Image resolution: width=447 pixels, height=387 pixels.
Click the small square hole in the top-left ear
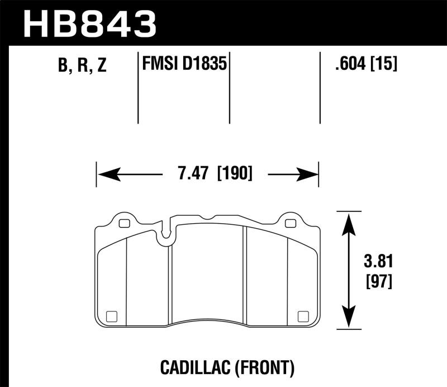[124, 224]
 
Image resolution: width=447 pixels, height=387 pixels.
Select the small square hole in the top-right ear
[289, 224]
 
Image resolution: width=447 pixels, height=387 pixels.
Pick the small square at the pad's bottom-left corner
[110, 315]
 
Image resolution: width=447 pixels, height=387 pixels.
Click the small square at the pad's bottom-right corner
[304, 315]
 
